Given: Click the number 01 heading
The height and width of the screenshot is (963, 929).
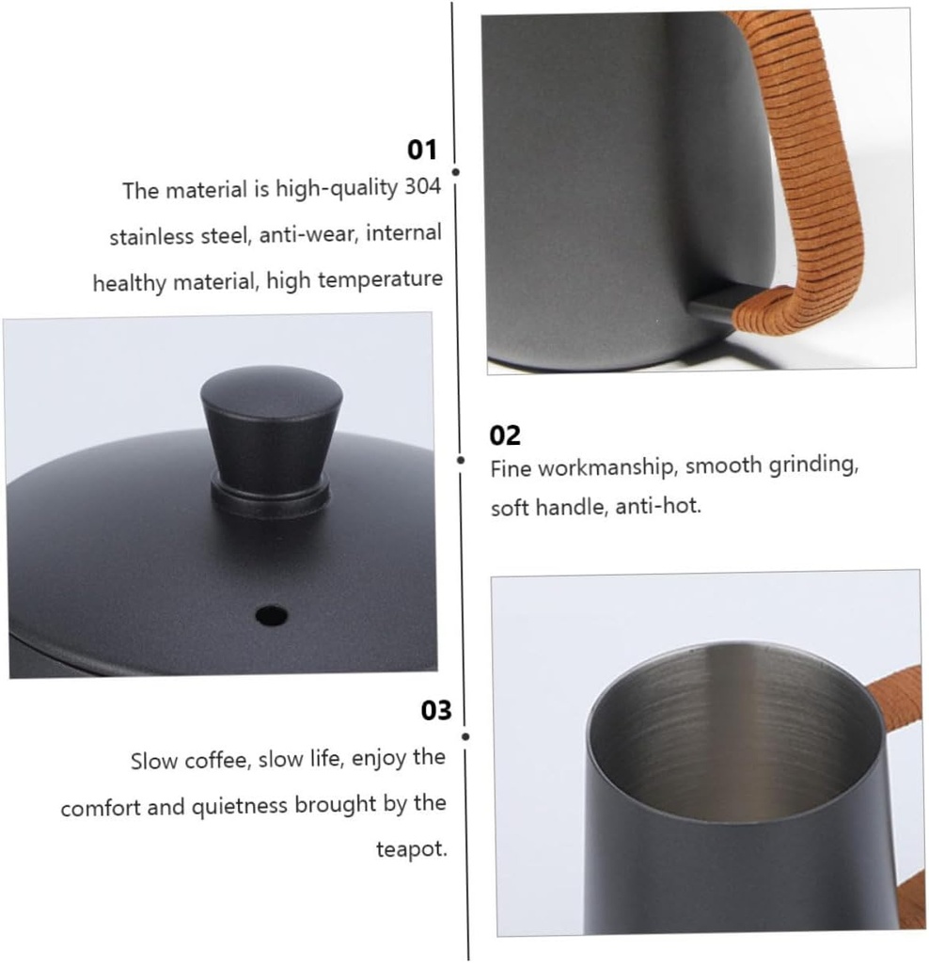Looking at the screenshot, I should tap(422, 150).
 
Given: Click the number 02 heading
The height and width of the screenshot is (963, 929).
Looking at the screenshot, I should tap(505, 435).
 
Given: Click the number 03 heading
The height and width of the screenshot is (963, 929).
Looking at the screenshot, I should tap(435, 710).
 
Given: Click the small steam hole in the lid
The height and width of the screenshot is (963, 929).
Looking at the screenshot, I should tap(271, 615).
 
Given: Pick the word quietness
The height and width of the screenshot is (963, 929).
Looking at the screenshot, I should tap(241, 805).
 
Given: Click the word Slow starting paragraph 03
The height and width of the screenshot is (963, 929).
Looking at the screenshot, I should tap(151, 760).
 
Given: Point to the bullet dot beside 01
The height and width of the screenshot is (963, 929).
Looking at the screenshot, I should tap(456, 172).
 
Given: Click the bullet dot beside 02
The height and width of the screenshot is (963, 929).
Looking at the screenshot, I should tap(461, 460).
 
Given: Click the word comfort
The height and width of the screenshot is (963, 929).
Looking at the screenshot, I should tap(99, 807).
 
